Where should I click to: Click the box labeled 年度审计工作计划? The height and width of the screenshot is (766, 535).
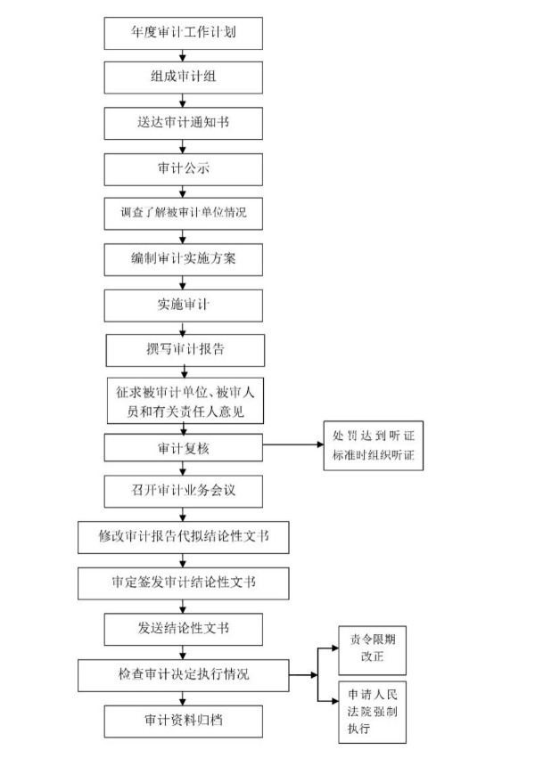184,33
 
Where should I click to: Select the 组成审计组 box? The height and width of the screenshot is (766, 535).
184,77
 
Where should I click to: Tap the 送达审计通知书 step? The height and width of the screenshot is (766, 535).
184,123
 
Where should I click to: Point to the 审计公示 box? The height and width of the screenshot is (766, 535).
184,169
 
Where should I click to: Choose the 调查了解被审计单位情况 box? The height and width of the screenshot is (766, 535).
184,214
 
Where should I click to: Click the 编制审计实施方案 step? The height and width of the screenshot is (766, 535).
184,259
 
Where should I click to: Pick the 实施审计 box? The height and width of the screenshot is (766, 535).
184,306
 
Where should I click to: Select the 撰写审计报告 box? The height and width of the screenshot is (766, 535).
185,350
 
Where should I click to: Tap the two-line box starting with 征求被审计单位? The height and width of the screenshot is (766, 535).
185,401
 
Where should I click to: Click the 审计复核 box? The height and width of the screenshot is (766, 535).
184,447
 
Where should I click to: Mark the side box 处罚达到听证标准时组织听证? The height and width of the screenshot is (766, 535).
374,445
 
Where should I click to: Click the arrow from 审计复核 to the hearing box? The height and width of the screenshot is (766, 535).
293,444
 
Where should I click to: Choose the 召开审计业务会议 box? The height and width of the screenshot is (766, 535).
184,492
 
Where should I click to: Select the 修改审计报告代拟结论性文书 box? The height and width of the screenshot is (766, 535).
184,537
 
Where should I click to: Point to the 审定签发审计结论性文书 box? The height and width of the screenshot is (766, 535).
184,583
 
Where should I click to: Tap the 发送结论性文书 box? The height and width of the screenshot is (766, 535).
184,629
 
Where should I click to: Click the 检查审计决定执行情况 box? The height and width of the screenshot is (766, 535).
184,676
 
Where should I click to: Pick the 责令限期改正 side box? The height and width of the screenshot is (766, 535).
372,650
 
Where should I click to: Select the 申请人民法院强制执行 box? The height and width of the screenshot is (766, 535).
372,713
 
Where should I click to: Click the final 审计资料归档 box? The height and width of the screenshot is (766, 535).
184,721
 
